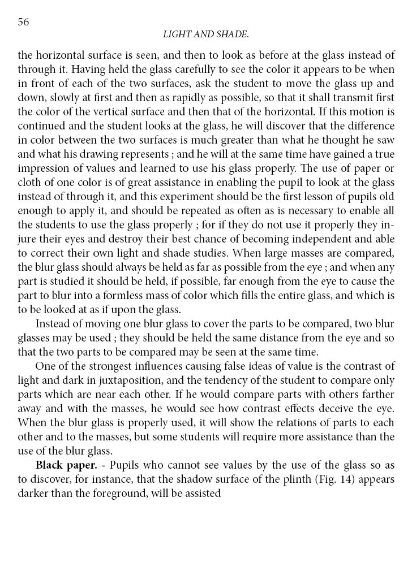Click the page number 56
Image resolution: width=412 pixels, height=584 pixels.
click(23, 21)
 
